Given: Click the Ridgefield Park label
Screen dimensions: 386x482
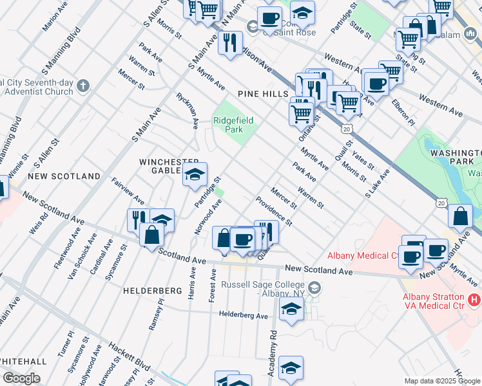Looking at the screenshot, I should [234, 125].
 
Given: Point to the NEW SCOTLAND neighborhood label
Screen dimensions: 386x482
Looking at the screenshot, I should [64, 176].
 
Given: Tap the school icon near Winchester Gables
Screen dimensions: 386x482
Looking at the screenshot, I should [195, 174].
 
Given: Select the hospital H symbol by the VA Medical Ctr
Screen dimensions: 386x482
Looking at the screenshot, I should [474, 299].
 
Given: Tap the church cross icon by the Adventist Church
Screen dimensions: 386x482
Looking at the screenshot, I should [82, 86].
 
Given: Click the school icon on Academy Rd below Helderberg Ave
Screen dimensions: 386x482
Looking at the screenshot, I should [291, 368].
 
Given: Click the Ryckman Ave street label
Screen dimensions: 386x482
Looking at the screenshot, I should [187, 110].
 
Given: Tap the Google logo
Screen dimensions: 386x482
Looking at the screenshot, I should [21, 378].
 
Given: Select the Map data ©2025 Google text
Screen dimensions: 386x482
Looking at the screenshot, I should [441, 381].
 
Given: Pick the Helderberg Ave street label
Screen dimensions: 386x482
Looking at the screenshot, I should [244, 316].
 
